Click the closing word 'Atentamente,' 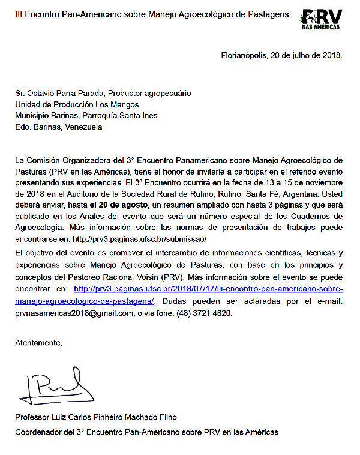click(39, 343)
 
